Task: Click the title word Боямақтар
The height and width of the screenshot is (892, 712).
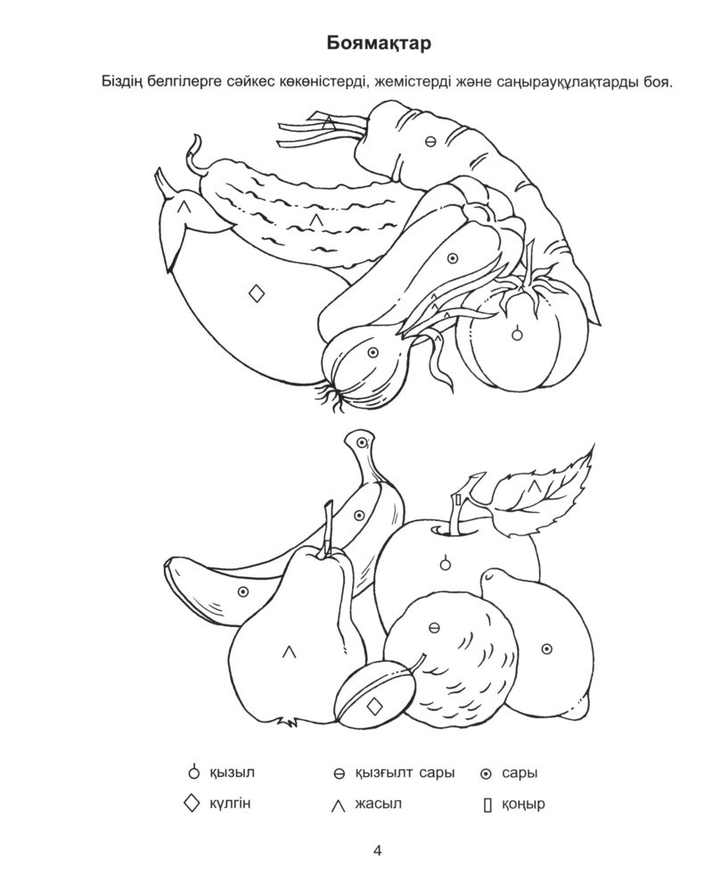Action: (x=379, y=44)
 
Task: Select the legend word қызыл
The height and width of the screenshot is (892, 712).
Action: (x=232, y=773)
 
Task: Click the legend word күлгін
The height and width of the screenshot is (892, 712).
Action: (x=230, y=804)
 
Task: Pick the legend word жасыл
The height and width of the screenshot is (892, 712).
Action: (x=378, y=804)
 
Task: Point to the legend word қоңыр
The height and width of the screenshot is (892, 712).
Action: (x=523, y=805)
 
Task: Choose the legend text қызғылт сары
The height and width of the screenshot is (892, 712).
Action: (x=405, y=773)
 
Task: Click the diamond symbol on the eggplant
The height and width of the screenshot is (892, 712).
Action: (x=257, y=293)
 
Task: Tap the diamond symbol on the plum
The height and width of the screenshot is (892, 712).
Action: (x=374, y=706)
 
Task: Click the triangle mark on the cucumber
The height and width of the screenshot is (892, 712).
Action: (x=316, y=219)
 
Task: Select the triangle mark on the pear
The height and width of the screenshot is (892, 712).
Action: (x=290, y=651)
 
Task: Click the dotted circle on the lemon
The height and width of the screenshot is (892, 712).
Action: (x=546, y=648)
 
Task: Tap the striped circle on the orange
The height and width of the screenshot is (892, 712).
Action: (x=433, y=628)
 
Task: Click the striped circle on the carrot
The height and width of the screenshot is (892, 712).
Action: (x=430, y=142)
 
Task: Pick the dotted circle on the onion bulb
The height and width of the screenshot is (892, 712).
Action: (x=372, y=352)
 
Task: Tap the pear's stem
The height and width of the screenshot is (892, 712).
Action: (x=328, y=529)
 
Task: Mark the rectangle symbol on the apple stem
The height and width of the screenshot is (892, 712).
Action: (x=457, y=500)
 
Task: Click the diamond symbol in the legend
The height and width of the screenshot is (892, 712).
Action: (x=192, y=804)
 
